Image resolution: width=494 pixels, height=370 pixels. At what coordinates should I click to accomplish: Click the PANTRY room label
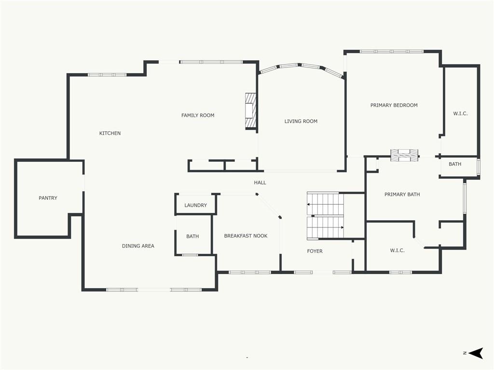click(48, 198)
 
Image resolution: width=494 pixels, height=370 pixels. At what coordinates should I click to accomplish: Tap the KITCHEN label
click(110, 133)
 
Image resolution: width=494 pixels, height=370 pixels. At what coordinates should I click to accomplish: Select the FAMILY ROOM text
click(198, 116)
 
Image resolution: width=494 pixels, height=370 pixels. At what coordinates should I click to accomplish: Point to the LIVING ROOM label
click(301, 121)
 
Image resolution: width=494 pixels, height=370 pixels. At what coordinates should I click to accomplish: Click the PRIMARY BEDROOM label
click(394, 105)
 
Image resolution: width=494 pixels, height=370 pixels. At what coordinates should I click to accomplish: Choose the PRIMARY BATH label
click(402, 195)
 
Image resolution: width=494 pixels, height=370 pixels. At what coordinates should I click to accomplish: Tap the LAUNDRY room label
click(196, 205)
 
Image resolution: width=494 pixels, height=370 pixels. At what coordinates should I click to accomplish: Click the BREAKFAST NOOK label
click(246, 236)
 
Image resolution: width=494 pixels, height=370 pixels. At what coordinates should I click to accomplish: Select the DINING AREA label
click(138, 246)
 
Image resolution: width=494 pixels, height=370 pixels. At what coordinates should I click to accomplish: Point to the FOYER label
click(315, 251)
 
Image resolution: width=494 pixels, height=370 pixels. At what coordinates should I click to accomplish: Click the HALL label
click(260, 183)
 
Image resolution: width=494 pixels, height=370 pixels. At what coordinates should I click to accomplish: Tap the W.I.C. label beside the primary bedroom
click(460, 114)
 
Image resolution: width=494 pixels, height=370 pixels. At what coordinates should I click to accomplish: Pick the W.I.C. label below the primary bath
click(398, 251)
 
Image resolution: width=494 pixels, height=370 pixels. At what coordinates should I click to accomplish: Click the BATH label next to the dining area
click(192, 236)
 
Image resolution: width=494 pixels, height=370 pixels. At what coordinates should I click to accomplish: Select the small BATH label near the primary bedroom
click(455, 164)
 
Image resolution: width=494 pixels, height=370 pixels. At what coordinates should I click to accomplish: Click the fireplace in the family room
click(251, 111)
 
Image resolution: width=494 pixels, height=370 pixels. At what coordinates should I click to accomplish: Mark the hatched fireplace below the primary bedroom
click(405, 156)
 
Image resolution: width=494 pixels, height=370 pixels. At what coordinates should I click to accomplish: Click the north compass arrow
click(476, 353)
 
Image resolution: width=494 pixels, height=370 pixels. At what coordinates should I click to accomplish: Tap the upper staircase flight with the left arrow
click(325, 204)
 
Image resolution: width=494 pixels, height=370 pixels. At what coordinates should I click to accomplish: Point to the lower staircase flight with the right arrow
click(325, 227)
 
